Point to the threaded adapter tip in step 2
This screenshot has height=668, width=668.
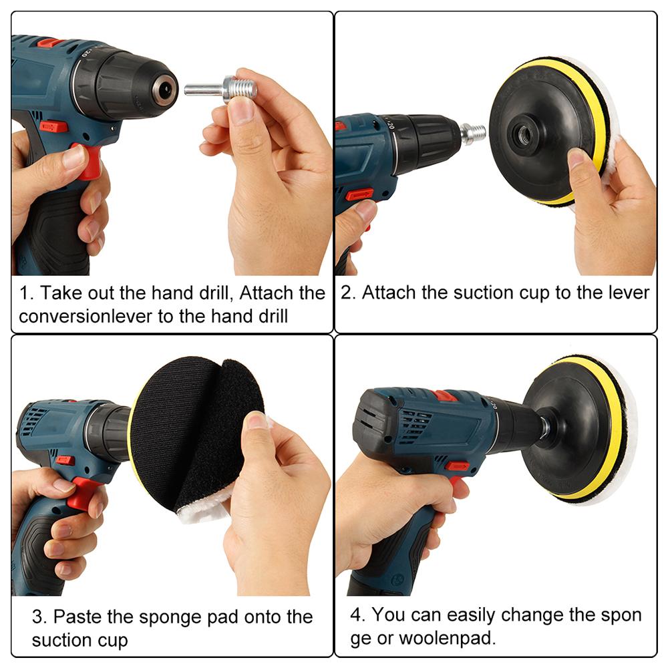pyautogui.click(x=474, y=133)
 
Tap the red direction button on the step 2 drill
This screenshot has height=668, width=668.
pyautogui.click(x=359, y=194)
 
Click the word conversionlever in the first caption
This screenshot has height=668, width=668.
pyautogui.click(x=88, y=316)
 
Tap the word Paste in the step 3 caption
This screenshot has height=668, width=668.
pyautogui.click(x=79, y=616)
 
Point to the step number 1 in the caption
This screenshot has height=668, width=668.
pyautogui.click(x=24, y=293)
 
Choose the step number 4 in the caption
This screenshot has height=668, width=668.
pyautogui.click(x=356, y=615)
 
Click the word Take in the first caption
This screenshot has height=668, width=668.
pyautogui.click(x=58, y=293)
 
